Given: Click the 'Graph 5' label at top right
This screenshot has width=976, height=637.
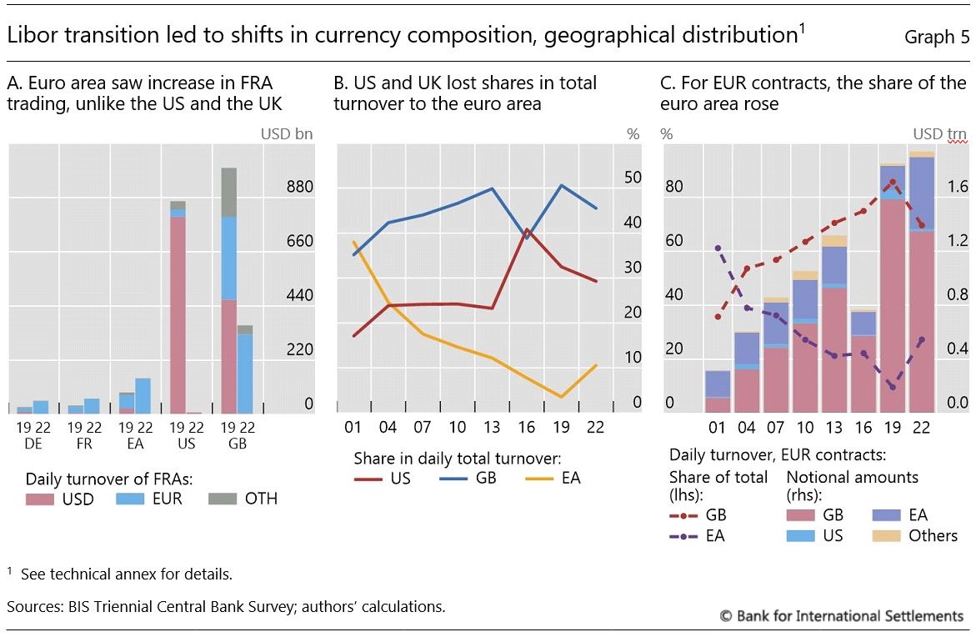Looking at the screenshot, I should coord(930,38).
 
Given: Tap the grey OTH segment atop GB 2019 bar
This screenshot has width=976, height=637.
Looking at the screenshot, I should coord(228,192).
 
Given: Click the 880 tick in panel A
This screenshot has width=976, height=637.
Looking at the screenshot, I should coord(299,187).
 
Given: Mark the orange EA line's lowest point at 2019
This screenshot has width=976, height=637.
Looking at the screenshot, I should coord(563,397).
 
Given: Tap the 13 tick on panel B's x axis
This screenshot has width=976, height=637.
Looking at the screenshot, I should coord(493,428).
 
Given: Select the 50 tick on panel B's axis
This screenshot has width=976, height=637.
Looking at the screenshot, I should coord(632,178).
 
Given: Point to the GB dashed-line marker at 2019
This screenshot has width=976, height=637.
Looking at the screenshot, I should coord(893,182).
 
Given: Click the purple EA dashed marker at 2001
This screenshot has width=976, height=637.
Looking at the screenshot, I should coord(718,248).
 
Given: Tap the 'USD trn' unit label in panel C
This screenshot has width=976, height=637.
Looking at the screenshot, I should coord(939,133).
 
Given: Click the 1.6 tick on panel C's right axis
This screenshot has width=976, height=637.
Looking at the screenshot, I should coord(958,187).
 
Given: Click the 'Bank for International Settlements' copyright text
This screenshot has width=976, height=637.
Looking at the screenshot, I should coord(842,615).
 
